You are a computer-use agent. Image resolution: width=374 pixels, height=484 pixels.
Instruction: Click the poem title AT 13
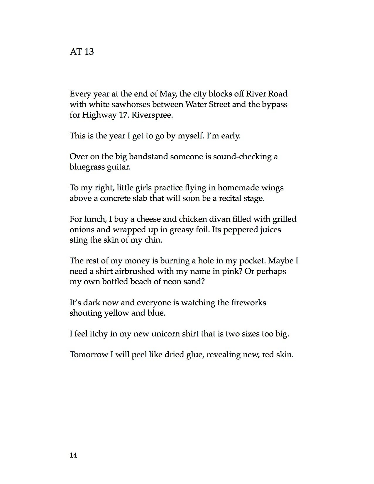coord(82,52)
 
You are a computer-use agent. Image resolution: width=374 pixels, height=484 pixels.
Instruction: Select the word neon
coord(173,282)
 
